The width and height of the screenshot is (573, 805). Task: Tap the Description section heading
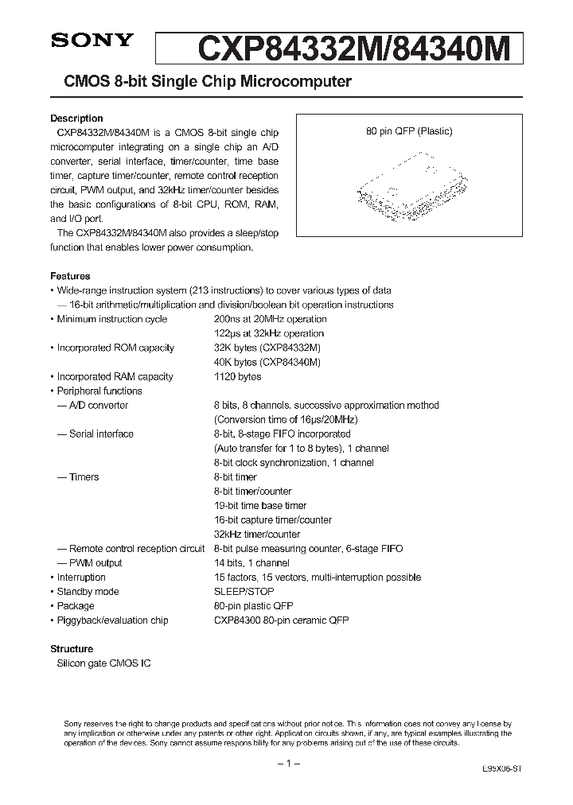coord(76,119)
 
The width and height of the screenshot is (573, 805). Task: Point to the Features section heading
coord(70,276)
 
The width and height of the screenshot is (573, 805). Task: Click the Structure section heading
coord(72,648)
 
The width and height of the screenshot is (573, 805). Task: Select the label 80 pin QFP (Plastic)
coord(409,132)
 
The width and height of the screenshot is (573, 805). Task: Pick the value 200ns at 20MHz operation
coord(269,319)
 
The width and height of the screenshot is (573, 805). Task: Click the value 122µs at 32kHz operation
coord(269,333)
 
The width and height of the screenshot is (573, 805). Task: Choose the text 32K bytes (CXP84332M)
coord(267,348)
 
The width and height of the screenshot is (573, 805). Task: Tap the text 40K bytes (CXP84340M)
coord(267,362)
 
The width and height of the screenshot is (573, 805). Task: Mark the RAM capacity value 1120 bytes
coord(237,376)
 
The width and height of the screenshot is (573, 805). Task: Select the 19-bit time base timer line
coord(259,505)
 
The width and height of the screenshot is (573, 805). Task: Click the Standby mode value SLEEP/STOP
coord(244,591)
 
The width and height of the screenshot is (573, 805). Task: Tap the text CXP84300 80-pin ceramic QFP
coord(281,620)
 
